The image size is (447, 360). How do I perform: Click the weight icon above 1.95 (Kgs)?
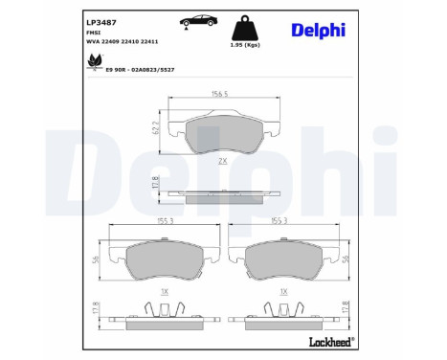click(x=243, y=25)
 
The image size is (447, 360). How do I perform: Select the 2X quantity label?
click(x=222, y=163)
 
